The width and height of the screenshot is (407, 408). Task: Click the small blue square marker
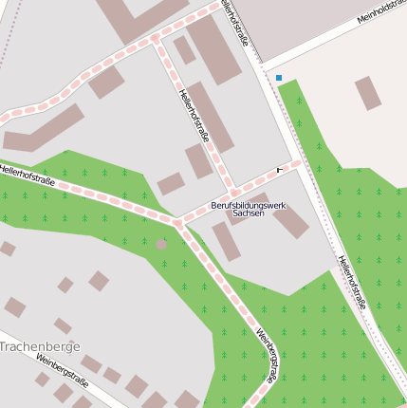[279, 78]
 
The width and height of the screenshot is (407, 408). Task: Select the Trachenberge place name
[40, 346]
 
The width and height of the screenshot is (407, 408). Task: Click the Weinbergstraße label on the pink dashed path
[267, 354]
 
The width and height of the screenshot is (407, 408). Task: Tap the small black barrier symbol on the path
[279, 169]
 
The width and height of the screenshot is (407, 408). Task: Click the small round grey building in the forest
[161, 244]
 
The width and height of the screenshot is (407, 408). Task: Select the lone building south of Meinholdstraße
[367, 93]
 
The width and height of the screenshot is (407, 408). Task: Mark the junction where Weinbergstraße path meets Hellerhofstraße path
[177, 223]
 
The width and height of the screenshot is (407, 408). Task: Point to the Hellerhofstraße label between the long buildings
[194, 116]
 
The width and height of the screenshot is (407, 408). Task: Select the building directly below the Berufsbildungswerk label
[226, 241]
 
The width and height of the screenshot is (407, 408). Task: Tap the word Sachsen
[248, 215]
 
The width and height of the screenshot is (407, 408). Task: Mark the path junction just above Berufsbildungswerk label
[233, 193]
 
